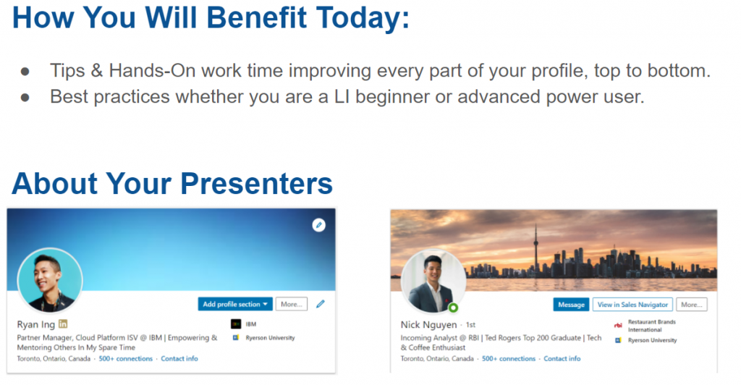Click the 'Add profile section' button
click(235, 304)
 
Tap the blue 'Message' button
click(571, 305)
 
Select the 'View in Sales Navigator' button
click(632, 305)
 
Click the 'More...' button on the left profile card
click(291, 304)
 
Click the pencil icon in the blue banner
click(319, 225)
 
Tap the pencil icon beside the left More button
click(321, 304)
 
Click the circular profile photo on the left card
click(50, 281)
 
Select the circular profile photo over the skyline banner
click(433, 282)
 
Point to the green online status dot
click(453, 308)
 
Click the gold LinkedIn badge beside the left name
click(63, 324)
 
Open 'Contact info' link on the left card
click(179, 358)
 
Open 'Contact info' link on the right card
click(562, 358)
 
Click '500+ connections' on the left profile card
click(126, 358)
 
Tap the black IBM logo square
click(236, 324)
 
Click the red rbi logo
click(618, 325)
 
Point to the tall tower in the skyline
click(536, 250)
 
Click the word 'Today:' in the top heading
click(363, 17)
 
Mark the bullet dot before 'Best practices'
click(25, 97)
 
